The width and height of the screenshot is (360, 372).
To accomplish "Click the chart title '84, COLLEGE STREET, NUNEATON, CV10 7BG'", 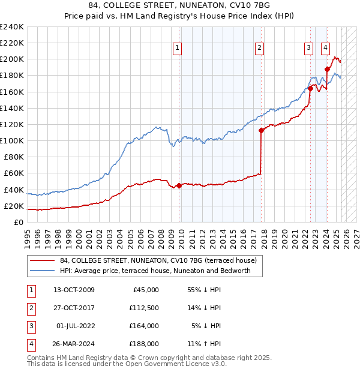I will pyautogui.click(x=179, y=7).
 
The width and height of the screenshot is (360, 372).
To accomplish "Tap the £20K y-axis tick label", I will pyautogui.click(x=14, y=206).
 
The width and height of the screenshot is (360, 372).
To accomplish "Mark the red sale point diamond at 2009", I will pyautogui.click(x=179, y=185).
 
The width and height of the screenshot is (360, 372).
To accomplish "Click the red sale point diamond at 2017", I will pyautogui.click(x=261, y=130).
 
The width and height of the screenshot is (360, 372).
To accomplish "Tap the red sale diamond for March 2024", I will pyautogui.click(x=327, y=69).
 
